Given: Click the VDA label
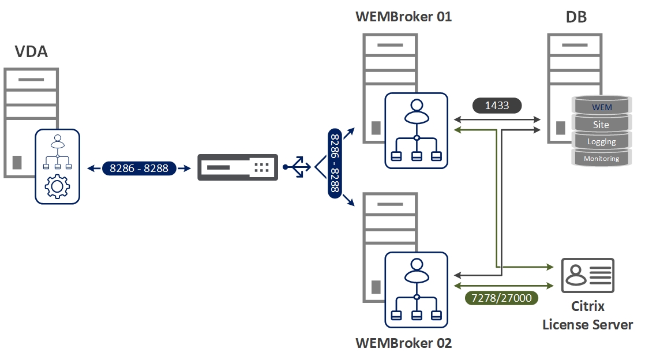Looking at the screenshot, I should tap(31, 52).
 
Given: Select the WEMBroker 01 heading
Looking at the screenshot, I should tap(403, 16).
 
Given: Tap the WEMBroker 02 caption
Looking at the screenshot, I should tap(403, 343).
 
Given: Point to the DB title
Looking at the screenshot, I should tap(576, 17).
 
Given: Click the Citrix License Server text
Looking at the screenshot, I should tap(587, 316).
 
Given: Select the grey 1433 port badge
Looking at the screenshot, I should tap(497, 106).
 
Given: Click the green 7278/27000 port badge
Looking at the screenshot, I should tap(501, 298).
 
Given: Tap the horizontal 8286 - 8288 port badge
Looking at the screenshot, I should tap(138, 168).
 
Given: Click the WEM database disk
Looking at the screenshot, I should tap(602, 107).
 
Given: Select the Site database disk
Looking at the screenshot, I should tap(601, 124).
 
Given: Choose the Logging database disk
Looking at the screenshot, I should tap(601, 141).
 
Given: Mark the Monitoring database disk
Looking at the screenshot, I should tap(601, 158).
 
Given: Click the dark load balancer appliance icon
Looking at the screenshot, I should tap(238, 167).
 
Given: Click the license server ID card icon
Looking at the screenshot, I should tap(587, 276).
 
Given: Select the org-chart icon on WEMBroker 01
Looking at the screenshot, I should tap(416, 131).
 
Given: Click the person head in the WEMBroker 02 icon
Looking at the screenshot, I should tap(416, 265).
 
